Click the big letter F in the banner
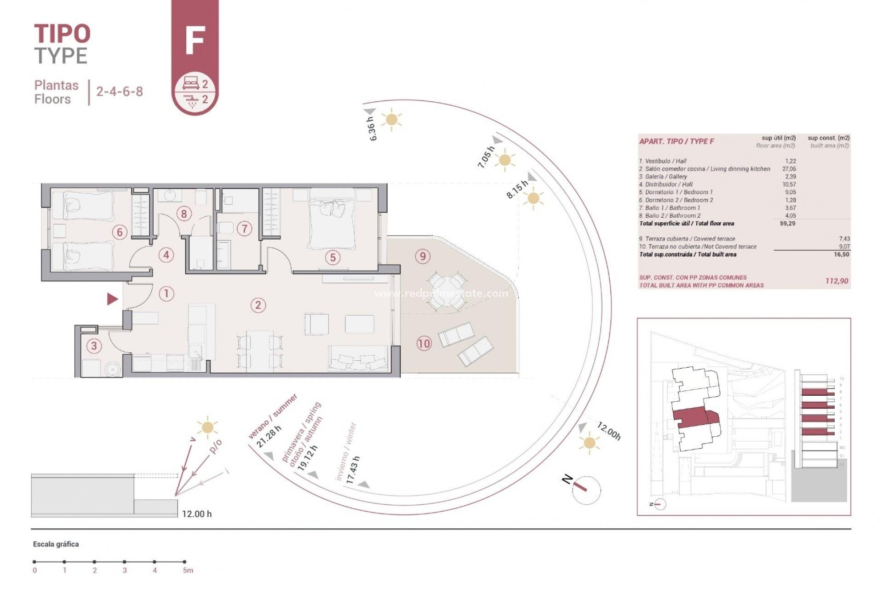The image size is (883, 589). (195, 41)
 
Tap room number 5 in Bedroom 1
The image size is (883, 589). (333, 257)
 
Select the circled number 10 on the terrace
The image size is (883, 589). (424, 343)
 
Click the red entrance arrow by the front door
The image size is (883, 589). (112, 299)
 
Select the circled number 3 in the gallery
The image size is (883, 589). (94, 346)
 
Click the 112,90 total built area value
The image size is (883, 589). (837, 281)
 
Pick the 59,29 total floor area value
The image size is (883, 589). (787, 224)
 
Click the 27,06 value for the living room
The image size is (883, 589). (789, 169)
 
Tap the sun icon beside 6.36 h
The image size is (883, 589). (391, 120)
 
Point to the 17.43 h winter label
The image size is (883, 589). (353, 469)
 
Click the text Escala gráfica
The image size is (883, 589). (56, 544)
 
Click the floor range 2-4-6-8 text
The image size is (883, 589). (119, 91)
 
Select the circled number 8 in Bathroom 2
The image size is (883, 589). (183, 214)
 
